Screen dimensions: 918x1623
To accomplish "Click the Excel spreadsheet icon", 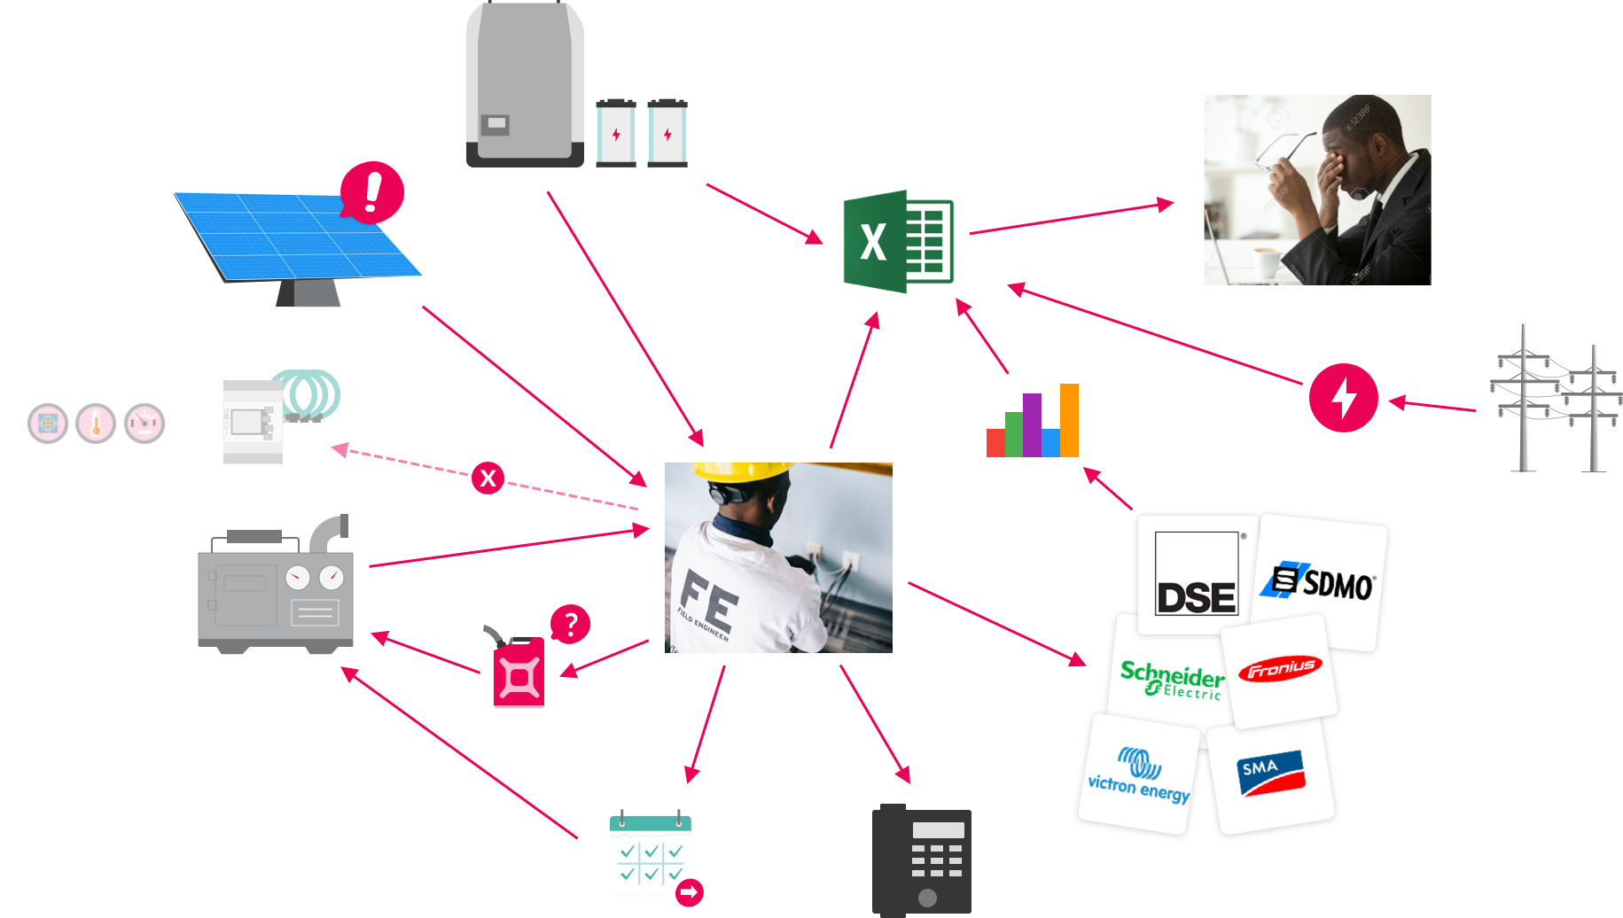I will (x=897, y=241).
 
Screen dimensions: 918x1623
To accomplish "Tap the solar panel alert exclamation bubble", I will (x=372, y=191).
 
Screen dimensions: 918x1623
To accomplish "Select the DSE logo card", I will (x=1196, y=574).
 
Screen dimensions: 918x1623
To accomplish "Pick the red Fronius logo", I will (x=1280, y=669).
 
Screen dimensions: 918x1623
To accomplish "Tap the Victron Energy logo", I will (x=1139, y=775).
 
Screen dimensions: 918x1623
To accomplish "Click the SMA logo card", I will (x=1270, y=774).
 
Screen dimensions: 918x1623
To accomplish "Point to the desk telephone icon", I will (x=922, y=860).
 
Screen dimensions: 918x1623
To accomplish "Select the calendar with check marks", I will (x=651, y=854).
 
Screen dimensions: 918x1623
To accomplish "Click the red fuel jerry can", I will (x=519, y=673).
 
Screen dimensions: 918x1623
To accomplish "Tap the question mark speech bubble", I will (x=570, y=624).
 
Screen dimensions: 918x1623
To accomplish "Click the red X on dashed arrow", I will (x=488, y=478).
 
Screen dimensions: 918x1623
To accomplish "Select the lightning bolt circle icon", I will (x=1343, y=398).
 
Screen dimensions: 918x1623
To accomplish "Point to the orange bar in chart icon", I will (x=1069, y=420).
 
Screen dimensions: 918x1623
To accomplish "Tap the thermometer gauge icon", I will (x=96, y=424).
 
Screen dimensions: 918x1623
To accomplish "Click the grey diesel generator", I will (x=275, y=589).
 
